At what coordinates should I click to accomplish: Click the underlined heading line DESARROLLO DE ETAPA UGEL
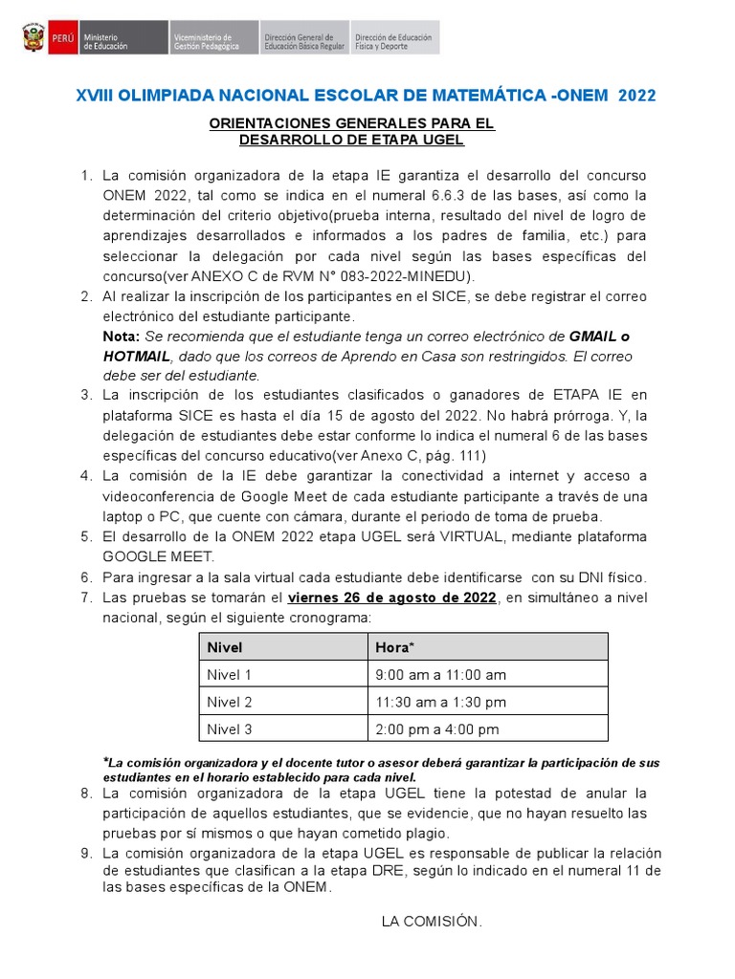point(351,141)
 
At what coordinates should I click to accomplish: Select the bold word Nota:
point(121,337)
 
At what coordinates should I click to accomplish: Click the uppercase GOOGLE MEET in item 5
point(159,555)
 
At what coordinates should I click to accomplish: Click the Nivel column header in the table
point(225,647)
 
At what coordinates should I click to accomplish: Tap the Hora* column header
point(395,647)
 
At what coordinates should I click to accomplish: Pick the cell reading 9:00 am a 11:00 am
point(440,675)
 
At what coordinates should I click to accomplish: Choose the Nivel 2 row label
point(230,702)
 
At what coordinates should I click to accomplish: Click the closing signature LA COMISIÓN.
point(432,922)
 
